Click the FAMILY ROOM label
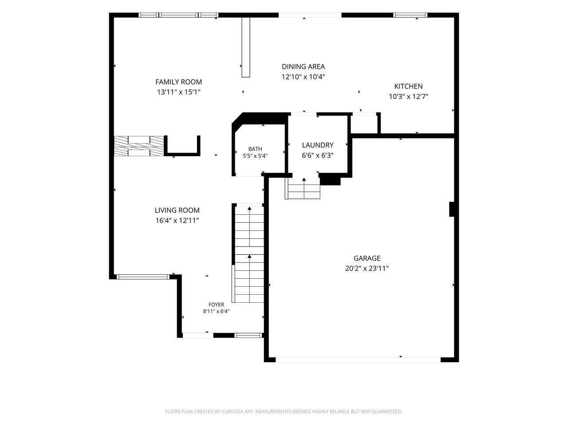(x=178, y=82)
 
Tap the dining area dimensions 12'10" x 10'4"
(x=303, y=77)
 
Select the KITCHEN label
(x=408, y=87)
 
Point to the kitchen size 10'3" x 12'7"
(x=408, y=97)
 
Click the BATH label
(x=255, y=149)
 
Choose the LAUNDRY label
(x=318, y=145)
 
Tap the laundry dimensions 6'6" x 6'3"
(x=318, y=155)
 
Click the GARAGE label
(x=367, y=258)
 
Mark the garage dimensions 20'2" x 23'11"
(x=367, y=268)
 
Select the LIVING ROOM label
(x=177, y=210)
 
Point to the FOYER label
(x=216, y=305)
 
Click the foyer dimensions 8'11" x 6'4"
(x=216, y=312)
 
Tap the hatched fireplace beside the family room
(x=139, y=146)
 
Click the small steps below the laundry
(x=303, y=188)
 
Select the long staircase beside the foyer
(x=248, y=253)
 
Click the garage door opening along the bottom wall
(x=358, y=360)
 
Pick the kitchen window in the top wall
(x=410, y=15)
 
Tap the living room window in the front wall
(x=143, y=277)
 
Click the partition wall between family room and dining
(x=246, y=47)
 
